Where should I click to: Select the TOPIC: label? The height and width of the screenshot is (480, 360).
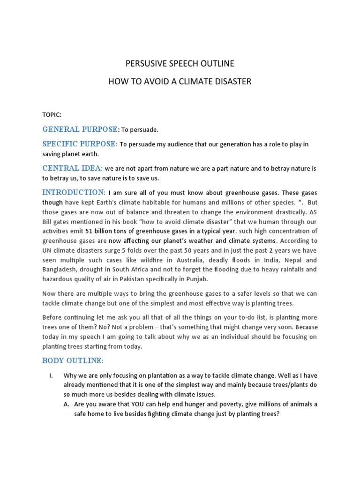52,114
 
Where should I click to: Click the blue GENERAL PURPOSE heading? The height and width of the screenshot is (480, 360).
79,129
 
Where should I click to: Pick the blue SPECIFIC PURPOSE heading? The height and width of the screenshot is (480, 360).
80,144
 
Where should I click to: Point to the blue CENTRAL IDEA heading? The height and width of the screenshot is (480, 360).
72,168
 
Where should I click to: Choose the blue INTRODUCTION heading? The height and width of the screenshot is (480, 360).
74,192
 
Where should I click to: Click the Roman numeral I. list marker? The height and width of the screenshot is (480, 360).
52,376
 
